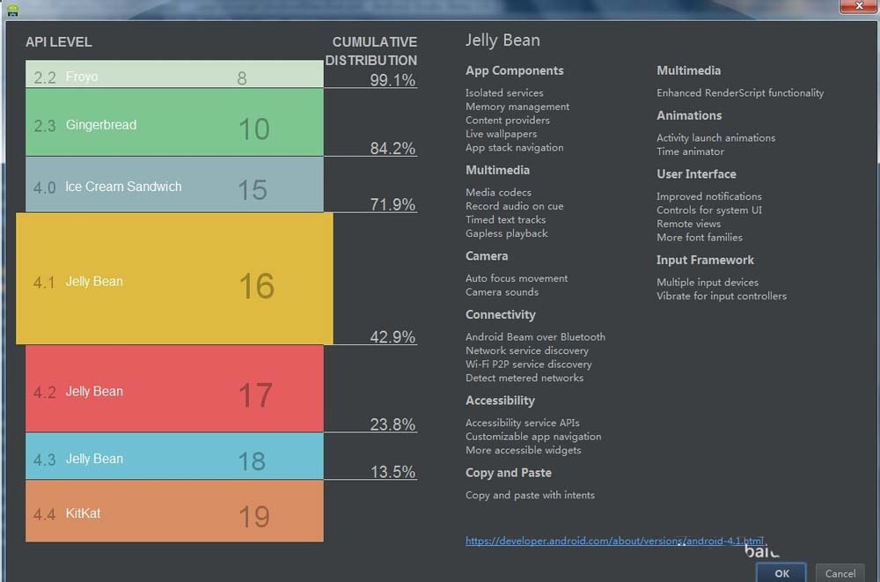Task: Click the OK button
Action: click(x=781, y=573)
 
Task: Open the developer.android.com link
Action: click(x=614, y=541)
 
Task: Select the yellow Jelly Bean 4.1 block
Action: click(x=174, y=279)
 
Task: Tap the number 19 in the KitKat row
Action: click(x=254, y=516)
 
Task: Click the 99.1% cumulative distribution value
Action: click(x=392, y=81)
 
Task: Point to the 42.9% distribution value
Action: click(x=392, y=337)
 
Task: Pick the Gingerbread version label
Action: click(x=100, y=125)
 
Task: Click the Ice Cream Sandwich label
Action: click(x=123, y=187)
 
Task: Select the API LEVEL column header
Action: click(x=59, y=42)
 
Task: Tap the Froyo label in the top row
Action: click(x=82, y=77)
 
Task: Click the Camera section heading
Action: click(x=487, y=256)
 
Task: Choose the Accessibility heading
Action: click(x=500, y=401)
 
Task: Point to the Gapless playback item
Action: click(x=507, y=233)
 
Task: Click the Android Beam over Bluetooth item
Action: click(x=535, y=336)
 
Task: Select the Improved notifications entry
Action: click(x=709, y=196)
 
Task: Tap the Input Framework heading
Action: click(x=705, y=260)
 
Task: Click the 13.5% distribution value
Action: click(x=392, y=472)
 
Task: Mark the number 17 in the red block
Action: click(x=255, y=395)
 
